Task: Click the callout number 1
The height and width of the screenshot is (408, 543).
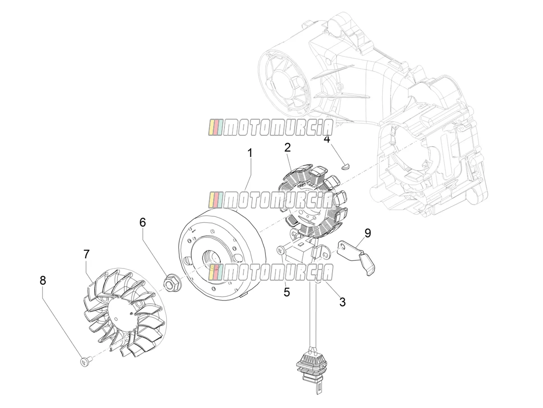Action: [250, 153]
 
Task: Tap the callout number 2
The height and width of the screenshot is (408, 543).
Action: [287, 148]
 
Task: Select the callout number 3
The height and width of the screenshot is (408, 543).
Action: [342, 302]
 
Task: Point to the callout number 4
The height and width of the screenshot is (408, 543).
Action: [327, 139]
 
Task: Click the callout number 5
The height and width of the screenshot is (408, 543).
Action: [287, 292]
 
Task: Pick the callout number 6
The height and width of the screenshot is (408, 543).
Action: [143, 223]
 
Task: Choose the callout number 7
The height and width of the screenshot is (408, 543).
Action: [87, 254]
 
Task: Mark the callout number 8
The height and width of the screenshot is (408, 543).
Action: [43, 280]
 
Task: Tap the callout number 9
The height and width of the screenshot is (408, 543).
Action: [368, 233]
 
